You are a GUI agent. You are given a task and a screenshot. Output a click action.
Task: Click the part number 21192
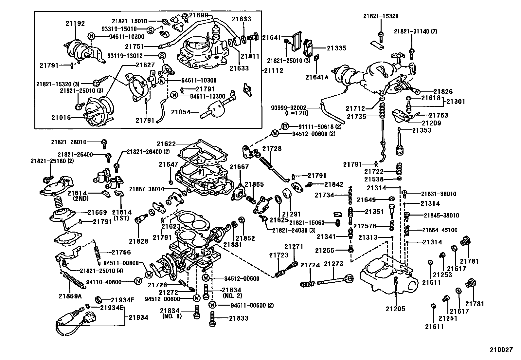pos(75,23)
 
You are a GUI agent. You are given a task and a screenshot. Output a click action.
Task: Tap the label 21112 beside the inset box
pos(274,70)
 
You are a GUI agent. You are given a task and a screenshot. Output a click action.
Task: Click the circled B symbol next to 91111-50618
pos(285,126)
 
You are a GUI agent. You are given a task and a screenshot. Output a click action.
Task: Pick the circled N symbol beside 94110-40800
pos(138,281)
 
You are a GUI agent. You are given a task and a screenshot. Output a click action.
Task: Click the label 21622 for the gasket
pos(166,143)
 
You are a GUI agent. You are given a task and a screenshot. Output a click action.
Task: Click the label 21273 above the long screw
pos(333,264)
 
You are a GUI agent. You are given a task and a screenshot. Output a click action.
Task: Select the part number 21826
pos(443,92)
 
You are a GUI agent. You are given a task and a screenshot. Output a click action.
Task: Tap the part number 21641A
pos(316,77)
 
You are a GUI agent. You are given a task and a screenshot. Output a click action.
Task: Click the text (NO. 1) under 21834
pos(172,316)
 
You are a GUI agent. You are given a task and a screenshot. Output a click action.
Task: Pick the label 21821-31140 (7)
pos(415,31)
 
